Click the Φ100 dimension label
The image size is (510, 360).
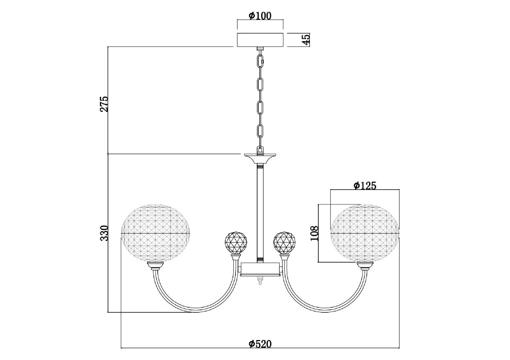(x=260, y=16)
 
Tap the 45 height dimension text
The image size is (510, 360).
(x=306, y=40)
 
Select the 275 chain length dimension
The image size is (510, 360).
(x=104, y=104)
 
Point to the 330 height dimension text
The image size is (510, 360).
(x=104, y=233)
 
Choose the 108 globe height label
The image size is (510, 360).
(x=314, y=233)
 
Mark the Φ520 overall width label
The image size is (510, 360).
(x=260, y=344)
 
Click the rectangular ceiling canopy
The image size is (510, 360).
(x=260, y=40)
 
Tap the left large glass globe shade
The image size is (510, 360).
(x=156, y=233)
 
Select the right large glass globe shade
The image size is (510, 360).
(x=365, y=233)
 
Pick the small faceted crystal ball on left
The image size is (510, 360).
(x=236, y=243)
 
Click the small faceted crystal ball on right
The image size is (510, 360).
(x=284, y=243)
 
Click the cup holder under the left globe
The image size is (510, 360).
(x=156, y=266)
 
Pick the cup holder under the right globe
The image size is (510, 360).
(x=365, y=266)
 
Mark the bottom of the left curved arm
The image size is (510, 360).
(x=195, y=310)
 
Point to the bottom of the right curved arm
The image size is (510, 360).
(x=325, y=310)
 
